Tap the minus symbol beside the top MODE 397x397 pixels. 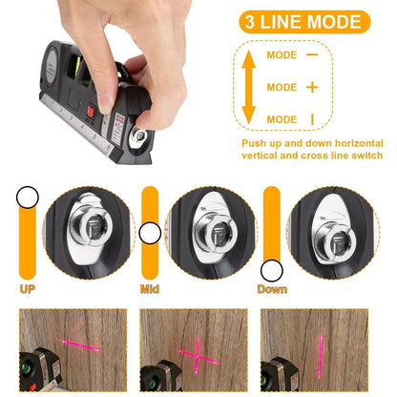pyautogui.click(x=312, y=55)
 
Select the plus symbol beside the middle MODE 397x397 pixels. pyautogui.click(x=312, y=87)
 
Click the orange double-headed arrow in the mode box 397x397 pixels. pyautogui.click(x=249, y=87)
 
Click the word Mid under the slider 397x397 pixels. pyautogui.click(x=149, y=287)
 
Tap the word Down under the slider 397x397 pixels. pyautogui.click(x=272, y=287)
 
